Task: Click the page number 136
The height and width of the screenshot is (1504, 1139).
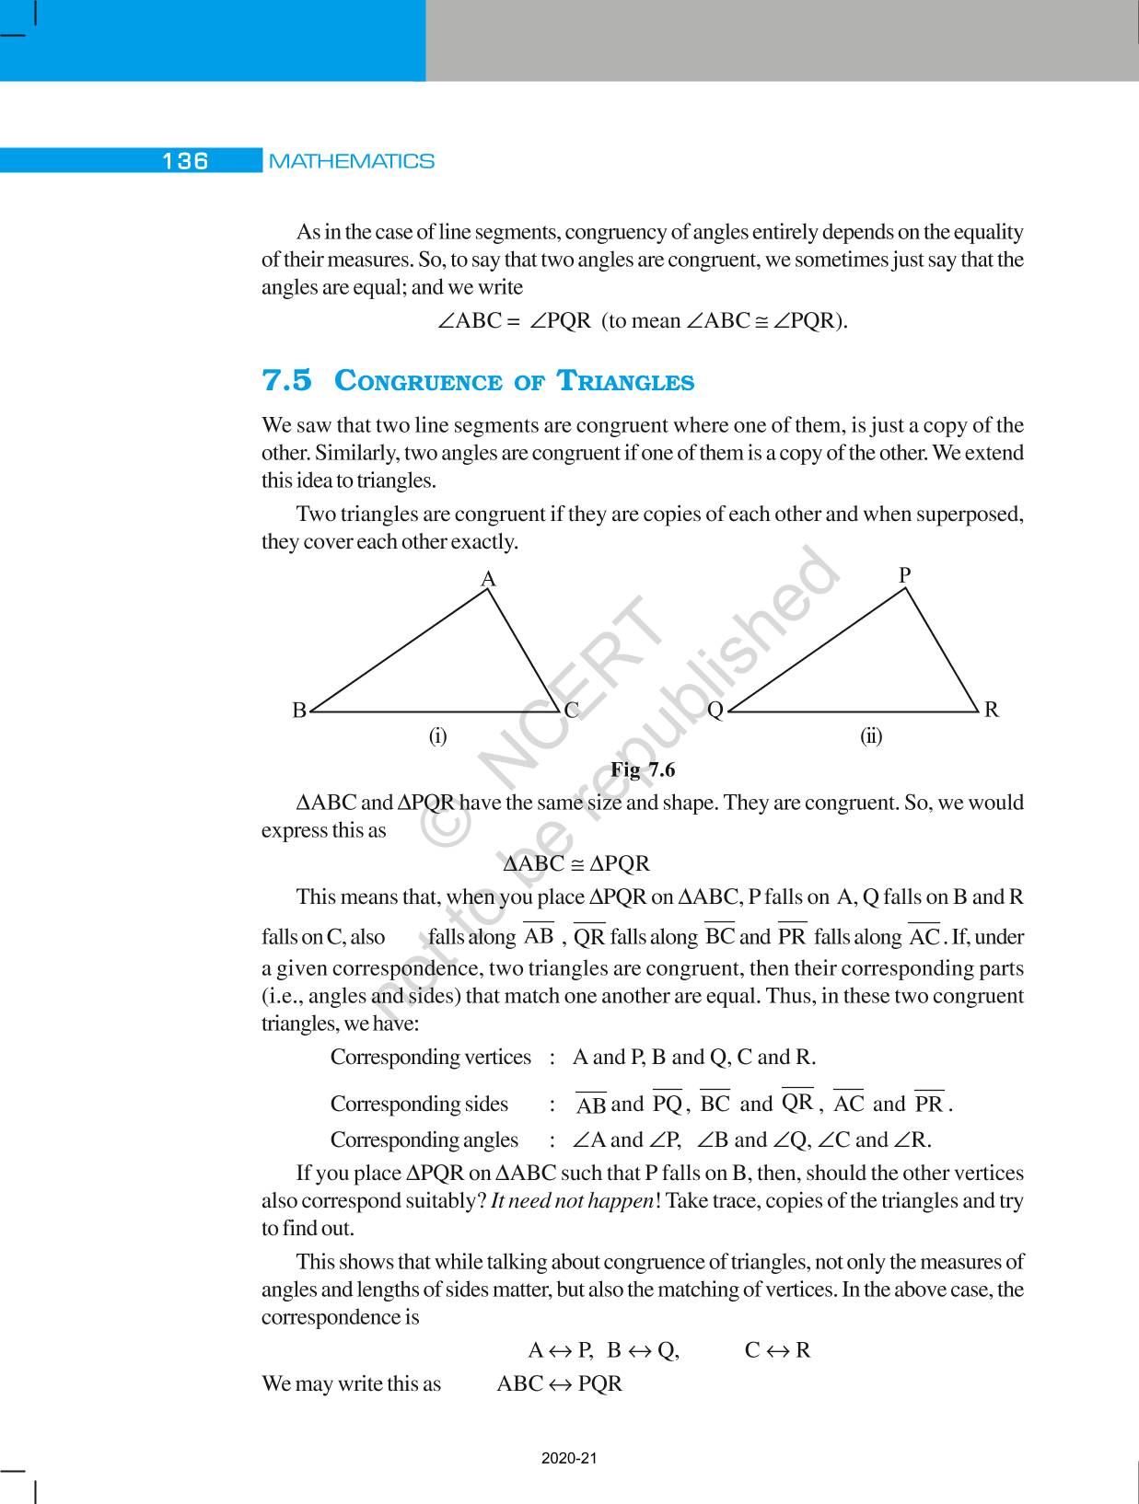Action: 185,161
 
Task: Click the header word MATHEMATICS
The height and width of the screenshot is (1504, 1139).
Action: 351,161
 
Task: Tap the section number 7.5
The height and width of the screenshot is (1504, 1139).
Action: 287,380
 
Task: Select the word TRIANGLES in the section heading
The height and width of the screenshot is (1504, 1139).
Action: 626,381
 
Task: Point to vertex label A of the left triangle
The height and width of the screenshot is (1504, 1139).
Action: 489,579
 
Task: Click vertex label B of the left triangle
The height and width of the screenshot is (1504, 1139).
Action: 299,711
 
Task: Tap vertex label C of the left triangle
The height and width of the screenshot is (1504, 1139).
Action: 571,710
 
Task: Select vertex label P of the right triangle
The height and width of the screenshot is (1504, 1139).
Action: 905,575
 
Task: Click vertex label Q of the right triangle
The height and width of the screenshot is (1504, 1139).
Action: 715,711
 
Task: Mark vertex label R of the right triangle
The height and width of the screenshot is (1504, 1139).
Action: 991,710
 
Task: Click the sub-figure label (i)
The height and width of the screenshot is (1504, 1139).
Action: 437,736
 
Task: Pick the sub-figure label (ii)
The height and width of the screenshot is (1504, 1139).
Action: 871,736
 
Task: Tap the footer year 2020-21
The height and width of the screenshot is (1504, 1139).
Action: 569,1458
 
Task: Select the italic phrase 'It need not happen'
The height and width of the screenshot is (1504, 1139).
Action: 572,1201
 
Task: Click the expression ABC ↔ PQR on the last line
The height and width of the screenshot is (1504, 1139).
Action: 559,1383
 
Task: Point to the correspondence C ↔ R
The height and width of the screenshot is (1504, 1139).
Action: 777,1350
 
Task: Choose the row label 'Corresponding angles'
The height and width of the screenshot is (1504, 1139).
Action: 424,1140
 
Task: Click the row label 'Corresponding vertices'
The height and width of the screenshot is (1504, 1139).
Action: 430,1058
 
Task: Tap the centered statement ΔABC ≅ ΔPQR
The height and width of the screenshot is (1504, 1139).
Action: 576,864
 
